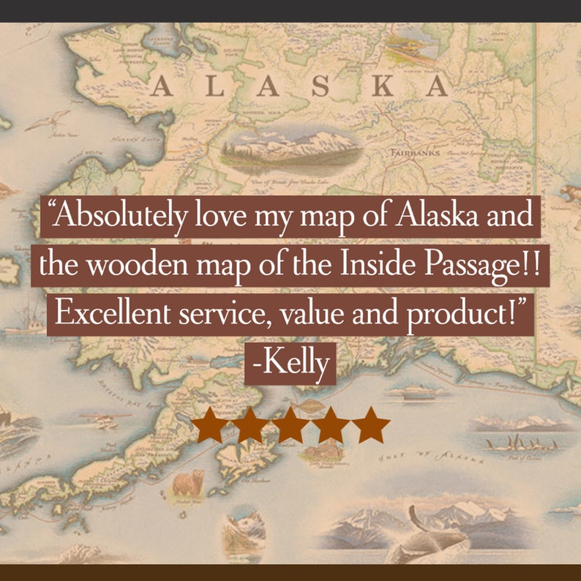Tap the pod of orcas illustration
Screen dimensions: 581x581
point(520,443)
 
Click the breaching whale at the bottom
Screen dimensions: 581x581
point(432,538)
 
